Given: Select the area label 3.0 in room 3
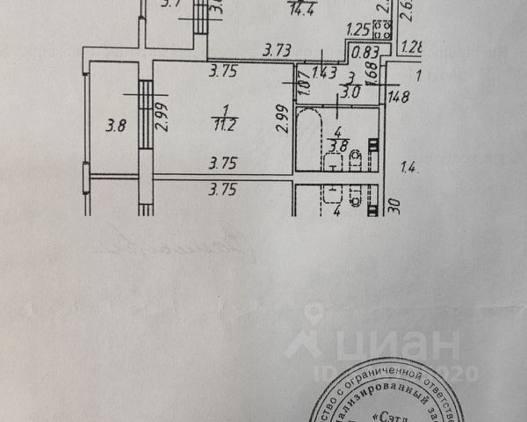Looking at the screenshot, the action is (350, 91).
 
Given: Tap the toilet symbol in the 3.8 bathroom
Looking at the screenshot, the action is (356, 160).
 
